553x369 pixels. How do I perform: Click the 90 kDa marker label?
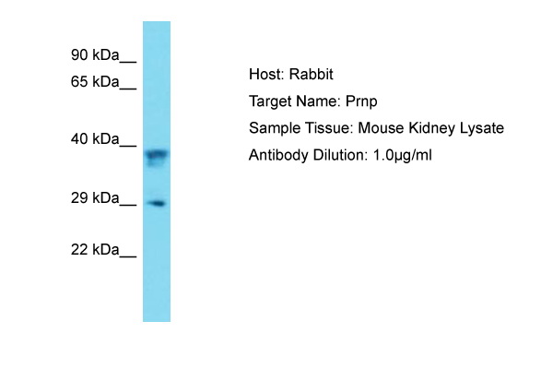tap(95, 55)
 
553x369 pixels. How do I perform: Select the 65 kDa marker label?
tap(95, 81)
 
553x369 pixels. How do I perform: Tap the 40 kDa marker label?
tap(95, 138)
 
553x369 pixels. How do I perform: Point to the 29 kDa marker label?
tap(95, 197)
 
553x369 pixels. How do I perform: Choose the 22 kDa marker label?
tap(95, 250)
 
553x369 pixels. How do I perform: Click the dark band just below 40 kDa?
tap(157, 154)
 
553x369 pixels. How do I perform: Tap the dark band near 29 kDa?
tap(157, 203)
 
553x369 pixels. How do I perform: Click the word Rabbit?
tap(312, 74)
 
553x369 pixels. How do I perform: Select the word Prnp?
tap(361, 101)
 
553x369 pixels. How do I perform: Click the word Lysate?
tap(482, 128)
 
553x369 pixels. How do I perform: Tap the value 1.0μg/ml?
tap(403, 155)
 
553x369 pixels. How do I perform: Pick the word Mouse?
tap(381, 128)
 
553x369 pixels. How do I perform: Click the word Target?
tap(270, 101)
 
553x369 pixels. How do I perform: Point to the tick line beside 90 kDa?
tap(128, 63)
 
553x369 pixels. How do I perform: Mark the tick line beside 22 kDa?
tap(128, 256)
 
